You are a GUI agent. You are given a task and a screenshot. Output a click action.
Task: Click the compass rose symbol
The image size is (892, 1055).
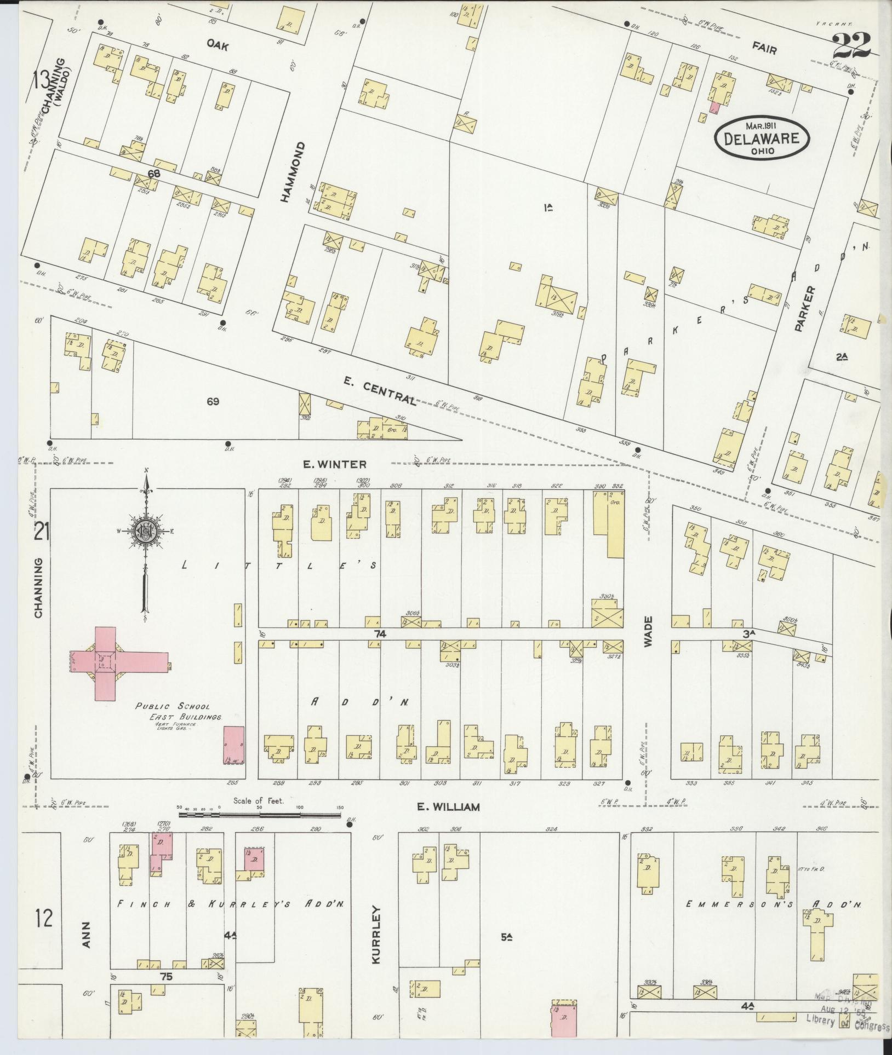click(146, 531)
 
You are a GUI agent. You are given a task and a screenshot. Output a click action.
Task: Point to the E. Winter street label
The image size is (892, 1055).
click(335, 464)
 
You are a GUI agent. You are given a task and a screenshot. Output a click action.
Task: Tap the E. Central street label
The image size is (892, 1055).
click(380, 391)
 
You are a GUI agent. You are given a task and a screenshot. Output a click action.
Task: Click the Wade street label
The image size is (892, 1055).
click(649, 632)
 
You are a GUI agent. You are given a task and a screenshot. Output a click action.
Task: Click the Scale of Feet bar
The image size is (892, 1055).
click(259, 815)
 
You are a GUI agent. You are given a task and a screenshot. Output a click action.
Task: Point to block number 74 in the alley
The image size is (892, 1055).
click(380, 634)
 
